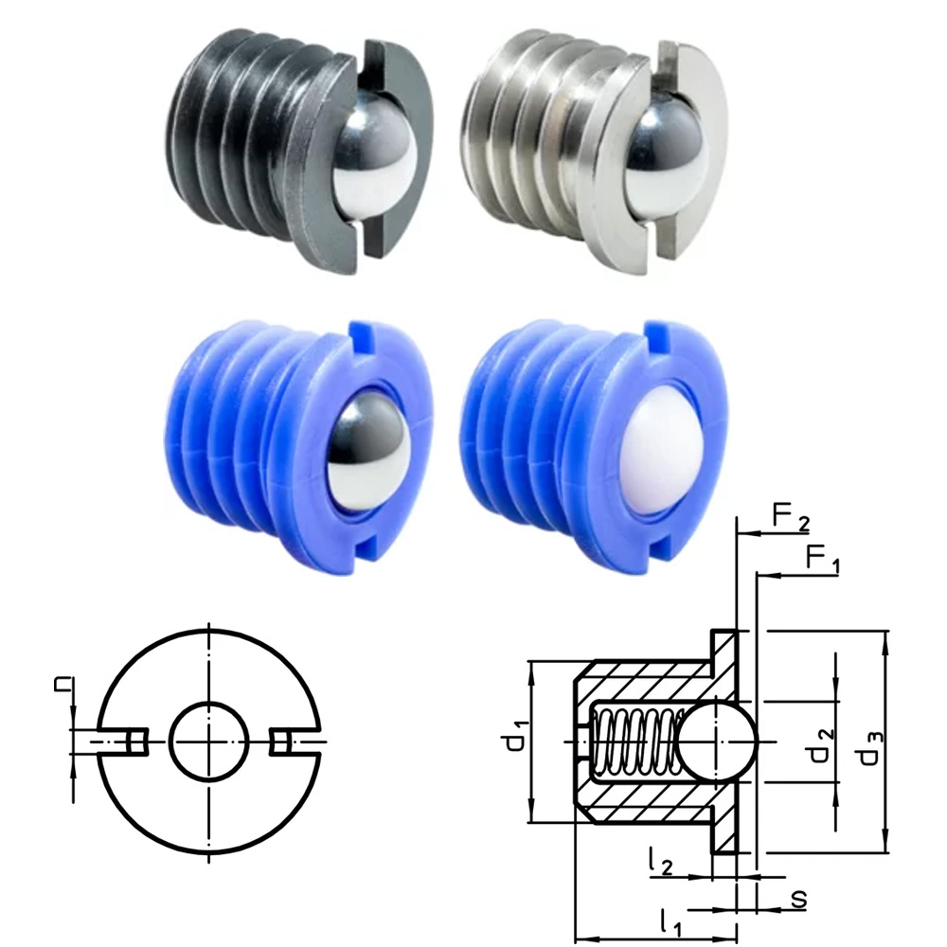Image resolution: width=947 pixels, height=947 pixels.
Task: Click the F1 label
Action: (x=823, y=558)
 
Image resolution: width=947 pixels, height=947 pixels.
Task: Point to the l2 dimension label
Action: (x=663, y=861)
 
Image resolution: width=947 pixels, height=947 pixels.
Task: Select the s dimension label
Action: (x=799, y=896)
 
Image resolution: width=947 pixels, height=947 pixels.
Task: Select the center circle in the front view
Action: (x=209, y=742)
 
